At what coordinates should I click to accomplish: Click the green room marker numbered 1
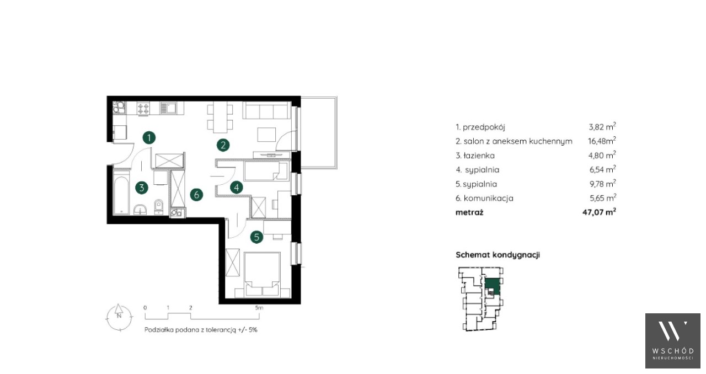click(x=149, y=138)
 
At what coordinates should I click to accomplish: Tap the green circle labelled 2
click(x=223, y=146)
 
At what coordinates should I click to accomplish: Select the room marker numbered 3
click(x=142, y=188)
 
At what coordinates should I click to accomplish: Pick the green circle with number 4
click(x=237, y=188)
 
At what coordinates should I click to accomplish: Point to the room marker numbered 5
click(x=256, y=237)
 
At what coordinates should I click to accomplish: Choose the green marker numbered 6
click(x=196, y=195)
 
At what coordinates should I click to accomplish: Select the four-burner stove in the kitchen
click(x=143, y=109)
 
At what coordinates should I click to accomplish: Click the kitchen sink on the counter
click(x=168, y=108)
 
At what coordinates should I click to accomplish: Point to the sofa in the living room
click(x=266, y=110)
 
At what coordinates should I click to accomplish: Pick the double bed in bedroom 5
click(x=262, y=274)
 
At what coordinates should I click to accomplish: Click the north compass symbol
click(x=119, y=317)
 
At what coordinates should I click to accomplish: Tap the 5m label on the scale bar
click(x=259, y=308)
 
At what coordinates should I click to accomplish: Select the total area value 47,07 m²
click(x=599, y=212)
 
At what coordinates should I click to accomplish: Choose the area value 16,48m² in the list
click(x=602, y=141)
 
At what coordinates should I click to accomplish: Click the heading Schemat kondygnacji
click(x=498, y=255)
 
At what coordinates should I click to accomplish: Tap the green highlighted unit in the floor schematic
click(x=492, y=287)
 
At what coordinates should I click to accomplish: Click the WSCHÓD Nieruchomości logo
click(x=672, y=340)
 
